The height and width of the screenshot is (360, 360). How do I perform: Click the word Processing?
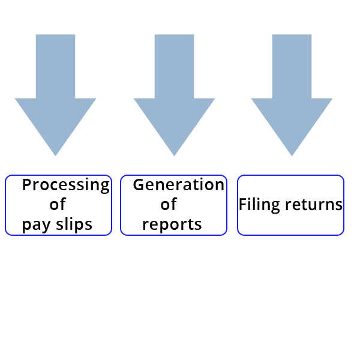coord(65,185)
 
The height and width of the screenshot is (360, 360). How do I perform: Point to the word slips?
coord(74,224)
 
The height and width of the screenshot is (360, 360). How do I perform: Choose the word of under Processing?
coord(58,204)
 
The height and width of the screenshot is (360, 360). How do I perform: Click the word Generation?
coord(179,185)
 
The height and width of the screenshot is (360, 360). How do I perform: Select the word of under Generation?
coord(169,204)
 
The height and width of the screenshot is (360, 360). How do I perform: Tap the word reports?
coord(172,224)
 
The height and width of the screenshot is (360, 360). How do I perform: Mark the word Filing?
coord(259,205)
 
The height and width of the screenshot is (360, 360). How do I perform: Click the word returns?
coord(314,205)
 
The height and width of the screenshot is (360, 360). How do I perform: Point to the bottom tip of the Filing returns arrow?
coord(292,156)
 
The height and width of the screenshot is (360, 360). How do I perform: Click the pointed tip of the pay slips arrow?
coord(55,156)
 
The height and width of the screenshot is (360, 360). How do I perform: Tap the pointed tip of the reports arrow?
coord(174,156)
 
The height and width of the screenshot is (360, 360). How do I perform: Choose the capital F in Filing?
coord(242,204)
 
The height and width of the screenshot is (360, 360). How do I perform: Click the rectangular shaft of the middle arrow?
coord(174,67)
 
